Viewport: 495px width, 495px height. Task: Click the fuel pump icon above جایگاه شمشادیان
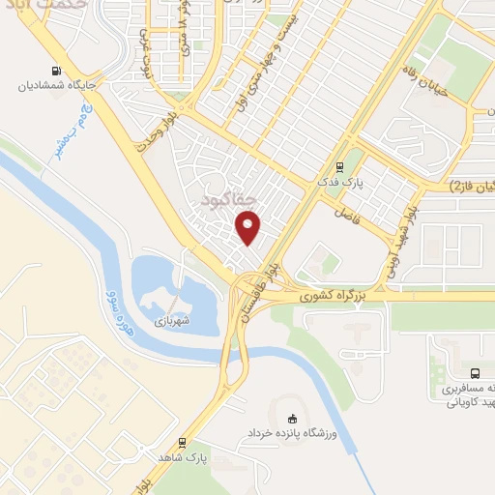click(x=56, y=70)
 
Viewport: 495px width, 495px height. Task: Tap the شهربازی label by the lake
click(x=173, y=319)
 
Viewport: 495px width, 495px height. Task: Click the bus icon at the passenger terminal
click(x=474, y=372)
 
